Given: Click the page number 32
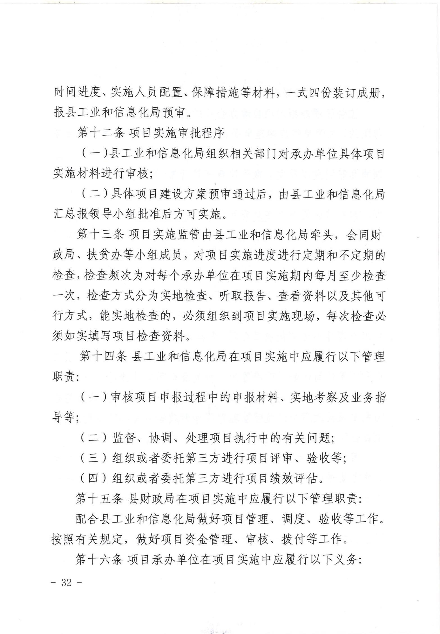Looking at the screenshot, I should tap(67, 583).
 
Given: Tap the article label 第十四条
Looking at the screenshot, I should tap(103, 357).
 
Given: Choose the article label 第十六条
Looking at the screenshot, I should tap(99, 560).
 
